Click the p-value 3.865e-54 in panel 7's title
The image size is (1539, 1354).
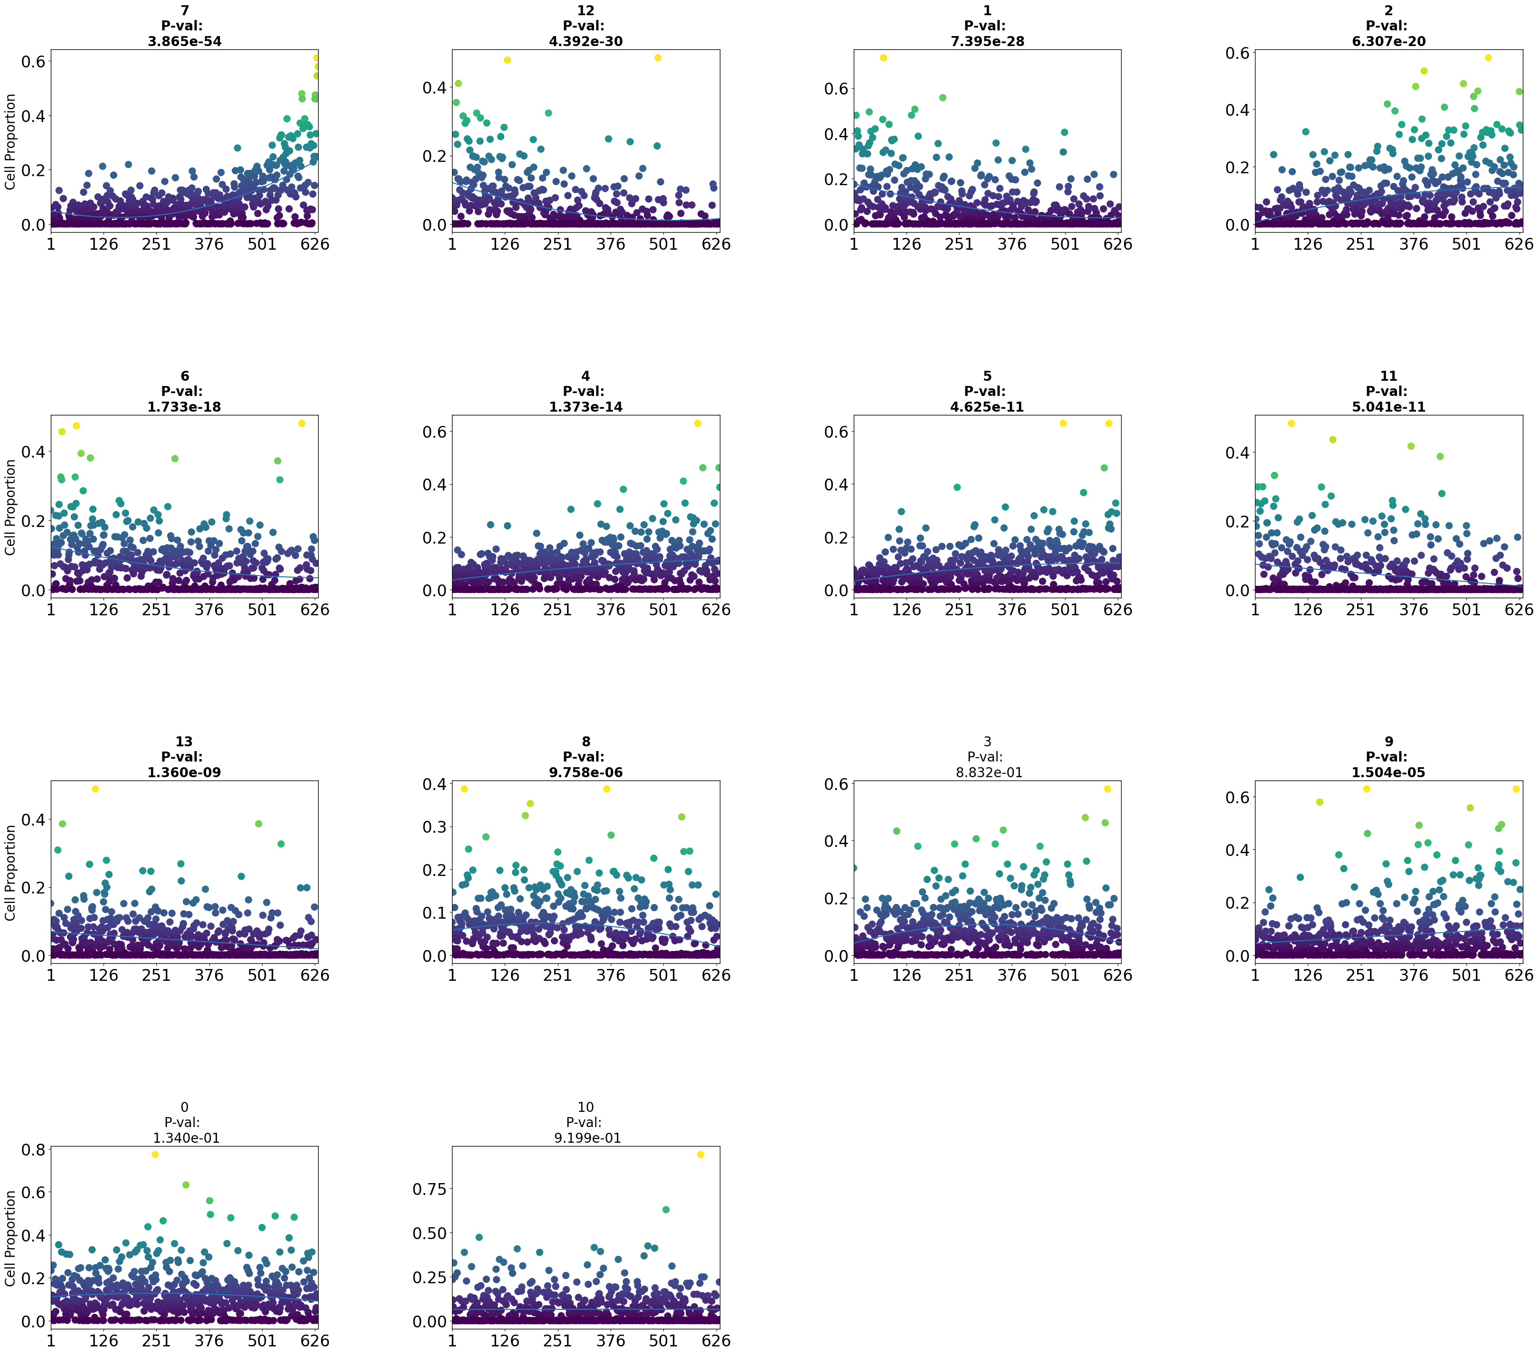[x=184, y=41]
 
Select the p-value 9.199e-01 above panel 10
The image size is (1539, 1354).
[x=587, y=1138]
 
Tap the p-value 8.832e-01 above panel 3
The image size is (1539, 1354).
[x=989, y=772]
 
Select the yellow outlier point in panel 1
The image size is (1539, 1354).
[x=883, y=58]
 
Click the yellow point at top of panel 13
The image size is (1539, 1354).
[x=95, y=789]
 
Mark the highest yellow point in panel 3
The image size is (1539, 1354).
[x=1107, y=789]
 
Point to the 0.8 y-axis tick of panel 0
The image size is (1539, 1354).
[x=36, y=1150]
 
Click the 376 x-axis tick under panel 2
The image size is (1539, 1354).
[x=1413, y=244]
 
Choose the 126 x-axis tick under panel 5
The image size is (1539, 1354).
[x=906, y=610]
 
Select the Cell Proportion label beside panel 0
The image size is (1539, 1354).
[x=10, y=1238]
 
